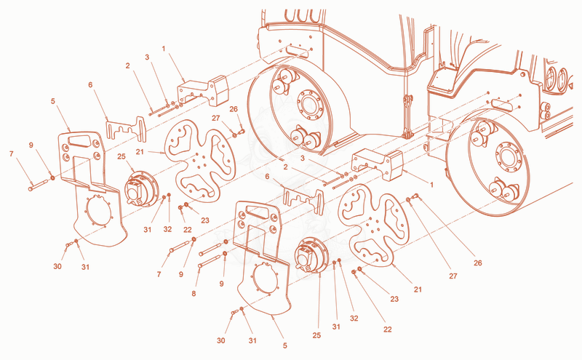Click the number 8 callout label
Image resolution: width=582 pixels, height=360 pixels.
(x=194, y=294)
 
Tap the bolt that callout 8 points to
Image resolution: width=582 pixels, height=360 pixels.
(x=211, y=260)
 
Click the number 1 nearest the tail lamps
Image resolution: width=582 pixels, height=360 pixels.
(x=431, y=184)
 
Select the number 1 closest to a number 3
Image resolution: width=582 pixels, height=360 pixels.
(x=164, y=48)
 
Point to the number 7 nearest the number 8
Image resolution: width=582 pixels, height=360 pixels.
(x=159, y=274)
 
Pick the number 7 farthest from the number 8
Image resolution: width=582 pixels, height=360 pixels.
(x=11, y=153)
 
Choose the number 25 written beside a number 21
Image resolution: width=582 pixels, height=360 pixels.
(x=121, y=156)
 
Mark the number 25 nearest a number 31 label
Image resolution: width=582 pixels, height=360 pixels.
(x=316, y=335)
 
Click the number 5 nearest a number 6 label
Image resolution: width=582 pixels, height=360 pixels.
(x=53, y=101)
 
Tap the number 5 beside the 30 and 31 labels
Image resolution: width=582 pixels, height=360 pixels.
(x=284, y=345)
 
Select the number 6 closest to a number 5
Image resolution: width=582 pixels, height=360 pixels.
(x=90, y=85)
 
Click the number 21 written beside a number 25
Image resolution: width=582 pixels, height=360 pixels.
(x=140, y=152)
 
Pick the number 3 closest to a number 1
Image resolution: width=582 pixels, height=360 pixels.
(x=147, y=57)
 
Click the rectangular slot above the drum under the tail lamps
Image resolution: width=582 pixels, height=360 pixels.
(x=503, y=105)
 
